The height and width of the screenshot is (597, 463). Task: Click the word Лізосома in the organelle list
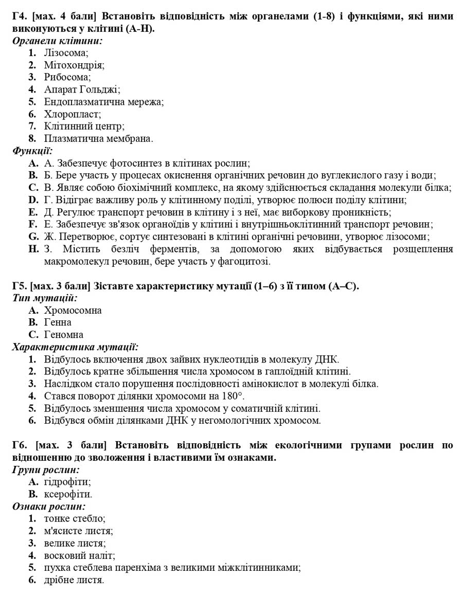[65, 52]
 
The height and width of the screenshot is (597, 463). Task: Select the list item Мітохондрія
[74, 65]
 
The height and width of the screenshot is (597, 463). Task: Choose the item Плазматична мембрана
[98, 138]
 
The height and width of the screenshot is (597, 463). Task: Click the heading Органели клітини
[57, 40]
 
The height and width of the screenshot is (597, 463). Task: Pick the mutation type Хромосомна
[73, 311]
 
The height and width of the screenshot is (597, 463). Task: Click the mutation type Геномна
[63, 335]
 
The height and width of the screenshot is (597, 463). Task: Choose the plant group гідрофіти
[67, 482]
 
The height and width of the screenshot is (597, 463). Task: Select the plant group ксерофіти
[68, 495]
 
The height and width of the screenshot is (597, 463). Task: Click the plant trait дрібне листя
[74, 580]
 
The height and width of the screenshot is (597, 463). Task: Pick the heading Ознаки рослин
[48, 506]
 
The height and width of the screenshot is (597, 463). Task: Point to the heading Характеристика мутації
[75, 347]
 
